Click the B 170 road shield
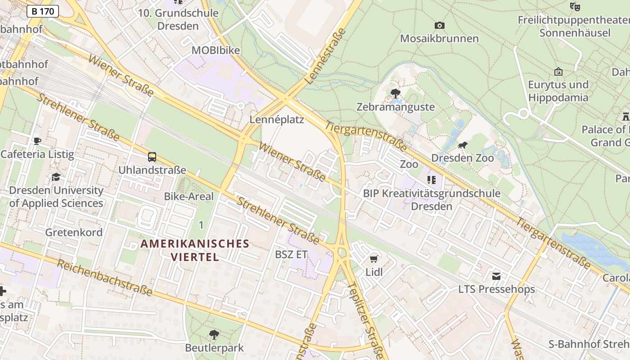coord(43,11)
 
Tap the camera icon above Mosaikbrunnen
coord(440,26)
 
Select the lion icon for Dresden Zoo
coord(462,145)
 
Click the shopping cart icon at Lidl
coord(373,259)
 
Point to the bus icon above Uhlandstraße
coord(152,157)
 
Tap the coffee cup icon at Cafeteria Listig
coord(37,141)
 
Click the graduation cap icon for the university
coord(56,177)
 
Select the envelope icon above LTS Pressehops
coord(496,276)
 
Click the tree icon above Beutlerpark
coord(214,334)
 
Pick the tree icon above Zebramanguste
coord(396,94)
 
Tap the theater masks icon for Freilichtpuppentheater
coord(575,7)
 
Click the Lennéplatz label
coord(277,120)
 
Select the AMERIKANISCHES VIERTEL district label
coord(195,250)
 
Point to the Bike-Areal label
coord(189,196)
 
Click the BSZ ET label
coord(291,254)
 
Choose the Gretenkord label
coord(74,232)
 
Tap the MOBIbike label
coord(216,50)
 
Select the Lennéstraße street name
coord(325,56)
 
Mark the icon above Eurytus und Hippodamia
coord(558,72)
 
